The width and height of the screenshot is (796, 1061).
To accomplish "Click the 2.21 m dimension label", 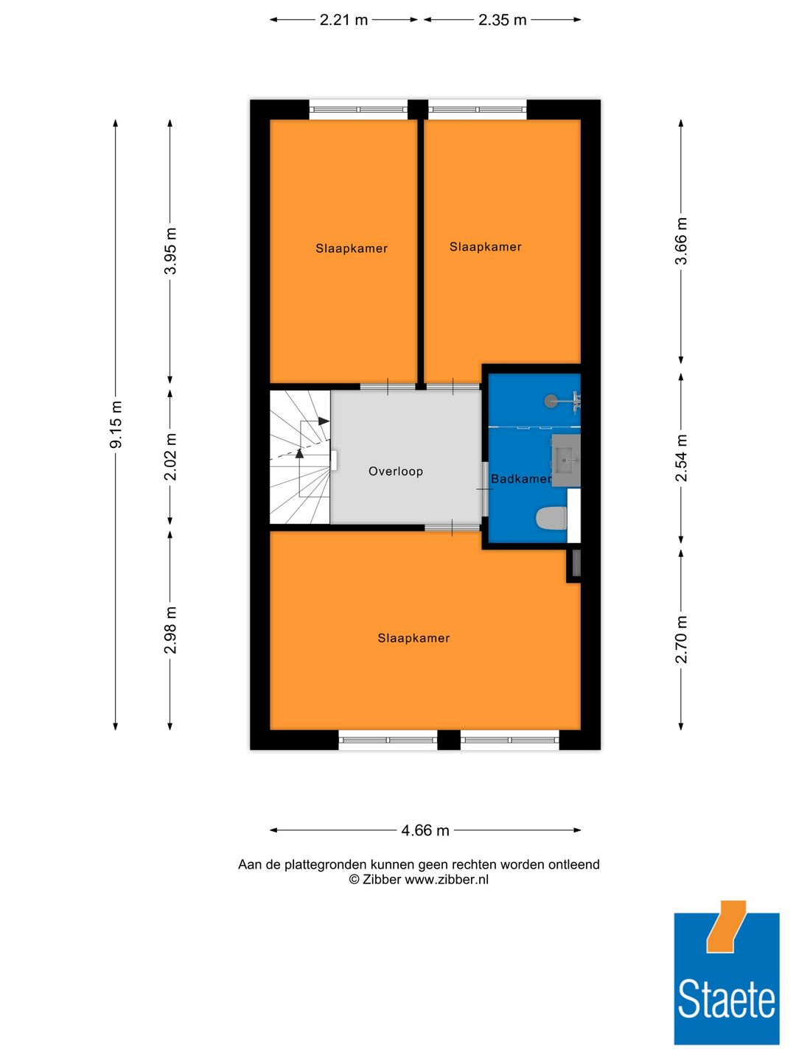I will [x=343, y=20].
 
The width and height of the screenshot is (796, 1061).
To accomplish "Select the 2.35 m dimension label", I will [x=502, y=20].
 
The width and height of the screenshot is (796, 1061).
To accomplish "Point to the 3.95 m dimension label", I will [x=170, y=251].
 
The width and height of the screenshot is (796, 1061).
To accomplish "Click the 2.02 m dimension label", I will [x=170, y=457].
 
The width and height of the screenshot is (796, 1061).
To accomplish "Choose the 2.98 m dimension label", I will [x=170, y=630].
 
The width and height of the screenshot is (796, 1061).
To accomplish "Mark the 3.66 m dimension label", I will [x=681, y=241].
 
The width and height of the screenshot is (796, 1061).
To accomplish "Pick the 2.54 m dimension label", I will [x=681, y=458].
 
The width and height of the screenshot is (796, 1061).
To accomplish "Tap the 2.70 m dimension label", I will [x=681, y=639].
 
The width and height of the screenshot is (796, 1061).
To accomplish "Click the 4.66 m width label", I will [x=425, y=830].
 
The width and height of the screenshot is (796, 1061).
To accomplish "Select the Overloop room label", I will [x=396, y=472].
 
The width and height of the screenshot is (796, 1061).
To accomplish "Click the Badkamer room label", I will [x=520, y=479].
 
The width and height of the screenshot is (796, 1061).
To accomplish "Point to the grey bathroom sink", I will [x=566, y=461].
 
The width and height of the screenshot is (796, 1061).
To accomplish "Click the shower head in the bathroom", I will [x=551, y=402].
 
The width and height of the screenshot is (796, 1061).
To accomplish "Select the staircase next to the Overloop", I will [x=300, y=457].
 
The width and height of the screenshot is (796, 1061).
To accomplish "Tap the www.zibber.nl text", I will [x=447, y=879].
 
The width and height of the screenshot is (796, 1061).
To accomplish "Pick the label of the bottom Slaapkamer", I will [x=413, y=638].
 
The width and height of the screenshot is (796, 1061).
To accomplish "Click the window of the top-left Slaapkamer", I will [x=358, y=110].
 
